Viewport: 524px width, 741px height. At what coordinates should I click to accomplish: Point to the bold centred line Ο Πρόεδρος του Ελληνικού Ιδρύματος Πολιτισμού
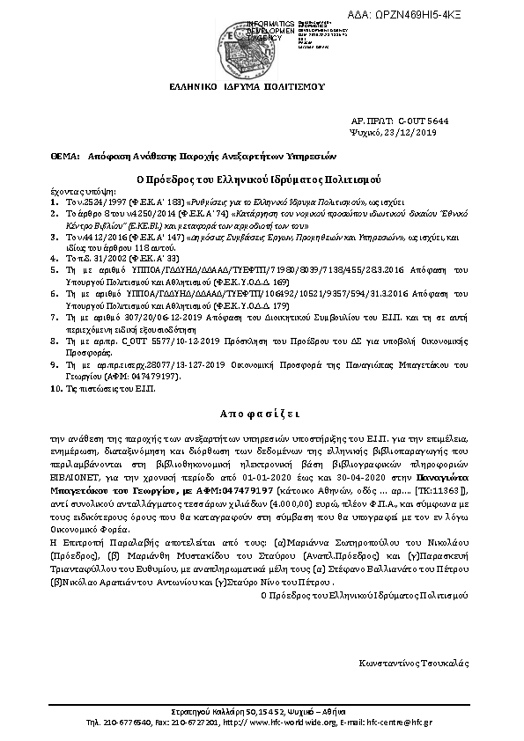tap(262, 178)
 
